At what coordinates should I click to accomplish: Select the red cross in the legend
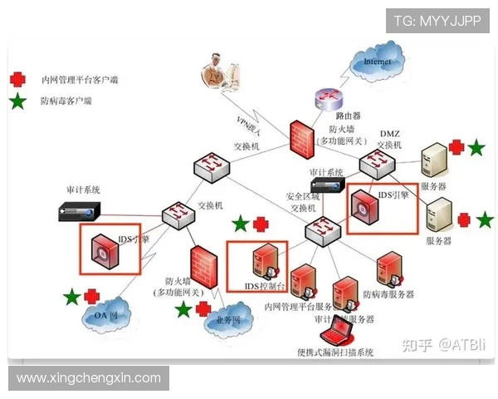pos(17,80)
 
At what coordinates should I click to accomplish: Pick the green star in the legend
pos(17,101)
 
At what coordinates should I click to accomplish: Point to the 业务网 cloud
pos(227,319)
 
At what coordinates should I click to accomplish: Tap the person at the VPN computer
pos(217,71)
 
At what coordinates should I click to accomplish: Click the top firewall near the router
pos(300,138)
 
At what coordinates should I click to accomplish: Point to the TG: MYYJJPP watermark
pos(437,20)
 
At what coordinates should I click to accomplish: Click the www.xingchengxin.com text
pos(89,378)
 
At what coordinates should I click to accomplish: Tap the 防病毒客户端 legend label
pos(66,101)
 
